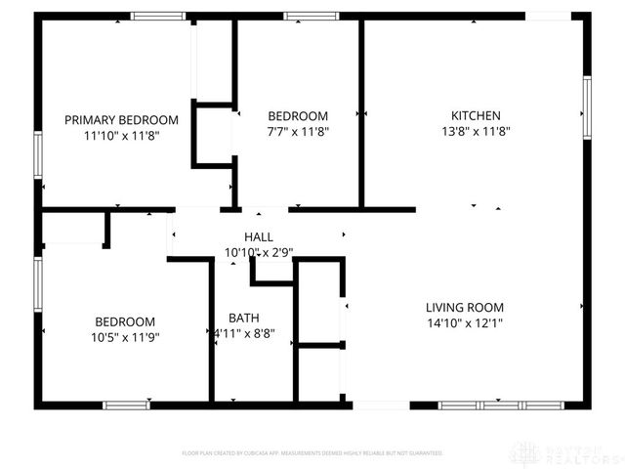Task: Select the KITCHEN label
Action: pyautogui.click(x=476, y=115)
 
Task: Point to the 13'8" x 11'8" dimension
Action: pyautogui.click(x=476, y=131)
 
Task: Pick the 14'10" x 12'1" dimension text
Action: pyautogui.click(x=465, y=323)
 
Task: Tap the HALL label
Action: pyautogui.click(x=259, y=237)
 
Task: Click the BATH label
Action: pyautogui.click(x=244, y=318)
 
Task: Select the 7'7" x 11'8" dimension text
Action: pyautogui.click(x=298, y=131)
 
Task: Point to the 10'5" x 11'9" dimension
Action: pyautogui.click(x=125, y=337)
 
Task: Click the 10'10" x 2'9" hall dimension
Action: pyautogui.click(x=259, y=252)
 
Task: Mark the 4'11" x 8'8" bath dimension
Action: pyautogui.click(x=244, y=333)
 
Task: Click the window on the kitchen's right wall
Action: pyautogui.click(x=587, y=108)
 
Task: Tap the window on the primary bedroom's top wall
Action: pyautogui.click(x=158, y=16)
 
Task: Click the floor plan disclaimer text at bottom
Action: pyautogui.click(x=312, y=453)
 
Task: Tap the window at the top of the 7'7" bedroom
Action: pyautogui.click(x=312, y=16)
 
